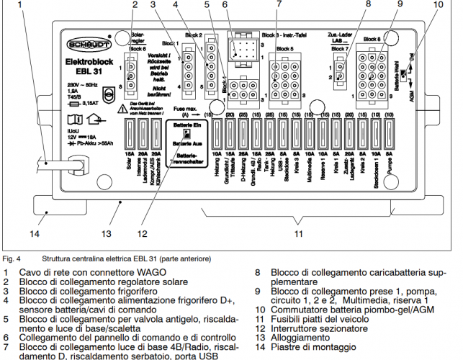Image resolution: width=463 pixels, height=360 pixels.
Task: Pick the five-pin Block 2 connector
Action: [x=212, y=66]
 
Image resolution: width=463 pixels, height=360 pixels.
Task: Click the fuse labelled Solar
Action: [x=128, y=135]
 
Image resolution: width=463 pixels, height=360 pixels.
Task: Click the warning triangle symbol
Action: [x=104, y=107]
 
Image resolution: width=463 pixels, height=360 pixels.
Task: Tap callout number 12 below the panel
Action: [x=143, y=233]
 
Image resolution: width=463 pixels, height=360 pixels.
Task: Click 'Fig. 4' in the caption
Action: [x=12, y=258]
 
